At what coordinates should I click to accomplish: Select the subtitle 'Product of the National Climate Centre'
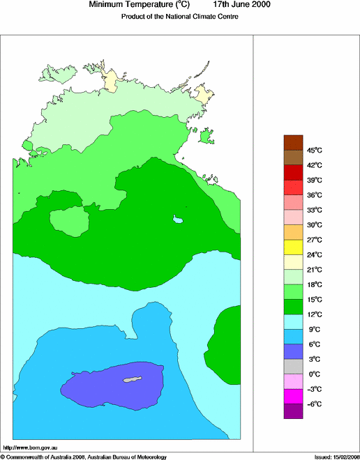point(180,17)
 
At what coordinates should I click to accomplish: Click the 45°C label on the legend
point(314,150)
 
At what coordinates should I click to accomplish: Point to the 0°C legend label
point(314,374)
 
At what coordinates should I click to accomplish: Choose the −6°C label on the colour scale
point(314,404)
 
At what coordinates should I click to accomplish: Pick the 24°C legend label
point(314,254)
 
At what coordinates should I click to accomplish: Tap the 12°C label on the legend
point(314,314)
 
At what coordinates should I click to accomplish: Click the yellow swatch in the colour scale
point(293,247)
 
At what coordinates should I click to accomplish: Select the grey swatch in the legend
point(293,367)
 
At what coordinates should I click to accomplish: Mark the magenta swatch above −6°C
point(293,397)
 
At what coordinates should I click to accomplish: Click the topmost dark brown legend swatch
point(293,142)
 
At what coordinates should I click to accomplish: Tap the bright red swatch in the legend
point(293,187)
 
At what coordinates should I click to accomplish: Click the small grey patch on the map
point(133,380)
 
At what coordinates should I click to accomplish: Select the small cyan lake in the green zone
point(179,220)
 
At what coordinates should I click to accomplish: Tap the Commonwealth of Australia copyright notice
point(84,457)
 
